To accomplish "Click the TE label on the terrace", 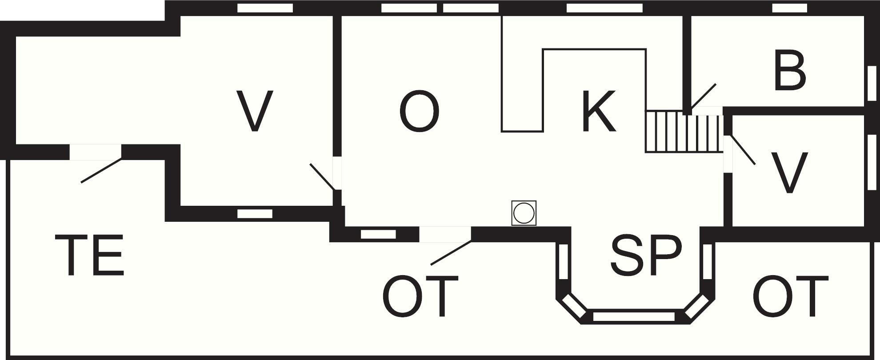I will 89,256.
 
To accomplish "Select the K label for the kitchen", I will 599,111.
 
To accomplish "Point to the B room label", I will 790,71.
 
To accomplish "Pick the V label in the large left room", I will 254,111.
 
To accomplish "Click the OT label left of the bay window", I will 420,296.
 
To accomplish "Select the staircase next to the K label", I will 684,132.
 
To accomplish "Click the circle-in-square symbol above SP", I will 524,213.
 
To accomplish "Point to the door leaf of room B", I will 703,97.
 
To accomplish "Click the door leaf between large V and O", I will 322,176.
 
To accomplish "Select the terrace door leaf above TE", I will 101,170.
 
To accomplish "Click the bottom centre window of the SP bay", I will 634,316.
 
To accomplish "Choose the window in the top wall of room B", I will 789,8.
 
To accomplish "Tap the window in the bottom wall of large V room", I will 255,214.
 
